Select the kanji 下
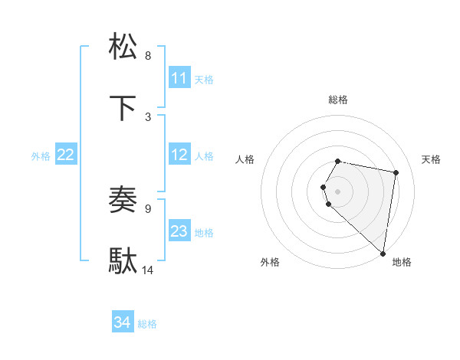123,108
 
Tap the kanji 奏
123,201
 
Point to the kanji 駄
123,261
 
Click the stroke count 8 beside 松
148,56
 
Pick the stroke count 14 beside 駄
148,270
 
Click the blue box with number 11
179,78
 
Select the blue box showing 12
179,155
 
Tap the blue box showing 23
179,231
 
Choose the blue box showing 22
66,155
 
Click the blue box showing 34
123,322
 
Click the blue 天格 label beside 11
204,79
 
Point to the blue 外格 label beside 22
41,155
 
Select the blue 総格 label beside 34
147,323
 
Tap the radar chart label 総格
337,100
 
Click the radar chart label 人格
245,159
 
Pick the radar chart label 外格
270,262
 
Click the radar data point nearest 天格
396,172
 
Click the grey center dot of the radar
337,191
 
